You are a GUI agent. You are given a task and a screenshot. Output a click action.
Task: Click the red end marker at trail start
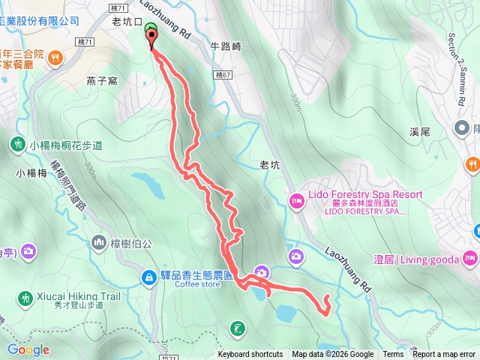coord(153,40)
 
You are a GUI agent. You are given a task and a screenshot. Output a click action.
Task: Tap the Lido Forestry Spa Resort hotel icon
coord(296,200)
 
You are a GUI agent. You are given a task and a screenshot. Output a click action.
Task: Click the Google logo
coord(28,349)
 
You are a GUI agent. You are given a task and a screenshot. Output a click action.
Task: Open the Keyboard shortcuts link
coord(250,355)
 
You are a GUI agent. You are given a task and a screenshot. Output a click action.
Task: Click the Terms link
coord(393,355)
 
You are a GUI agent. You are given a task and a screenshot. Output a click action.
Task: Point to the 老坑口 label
coord(126,21)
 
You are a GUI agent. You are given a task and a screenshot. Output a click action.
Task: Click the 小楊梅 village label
coord(31,172)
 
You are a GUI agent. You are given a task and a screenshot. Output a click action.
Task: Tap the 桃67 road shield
coord(223,76)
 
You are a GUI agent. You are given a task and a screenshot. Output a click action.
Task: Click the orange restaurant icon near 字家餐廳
coord(55,56)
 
